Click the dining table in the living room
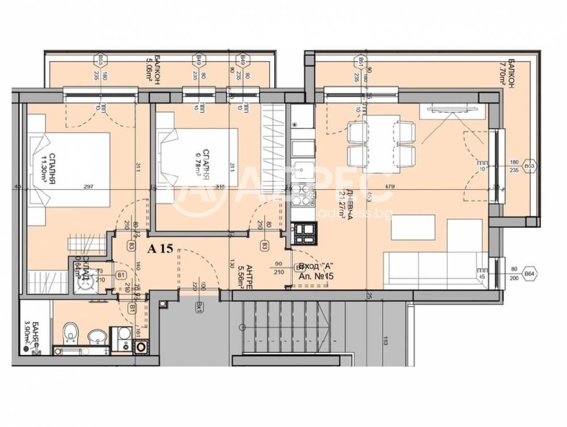click(x=374, y=146)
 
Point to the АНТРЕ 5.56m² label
click(x=242, y=274)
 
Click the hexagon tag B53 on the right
click(x=529, y=166)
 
